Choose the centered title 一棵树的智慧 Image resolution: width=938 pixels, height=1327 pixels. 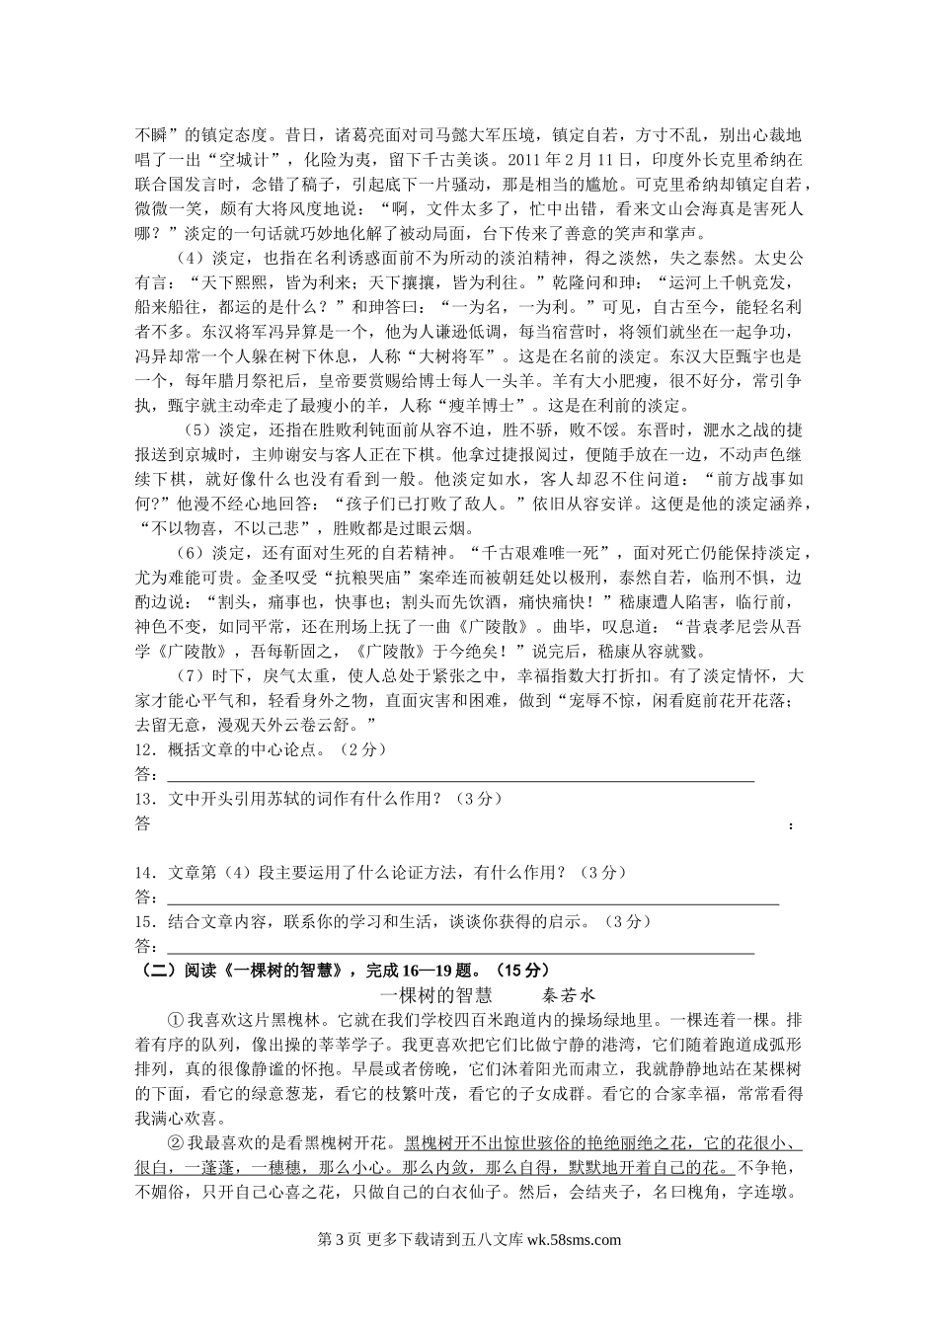pyautogui.click(x=435, y=995)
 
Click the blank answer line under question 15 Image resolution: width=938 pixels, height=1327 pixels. pyautogui.click(x=459, y=952)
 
